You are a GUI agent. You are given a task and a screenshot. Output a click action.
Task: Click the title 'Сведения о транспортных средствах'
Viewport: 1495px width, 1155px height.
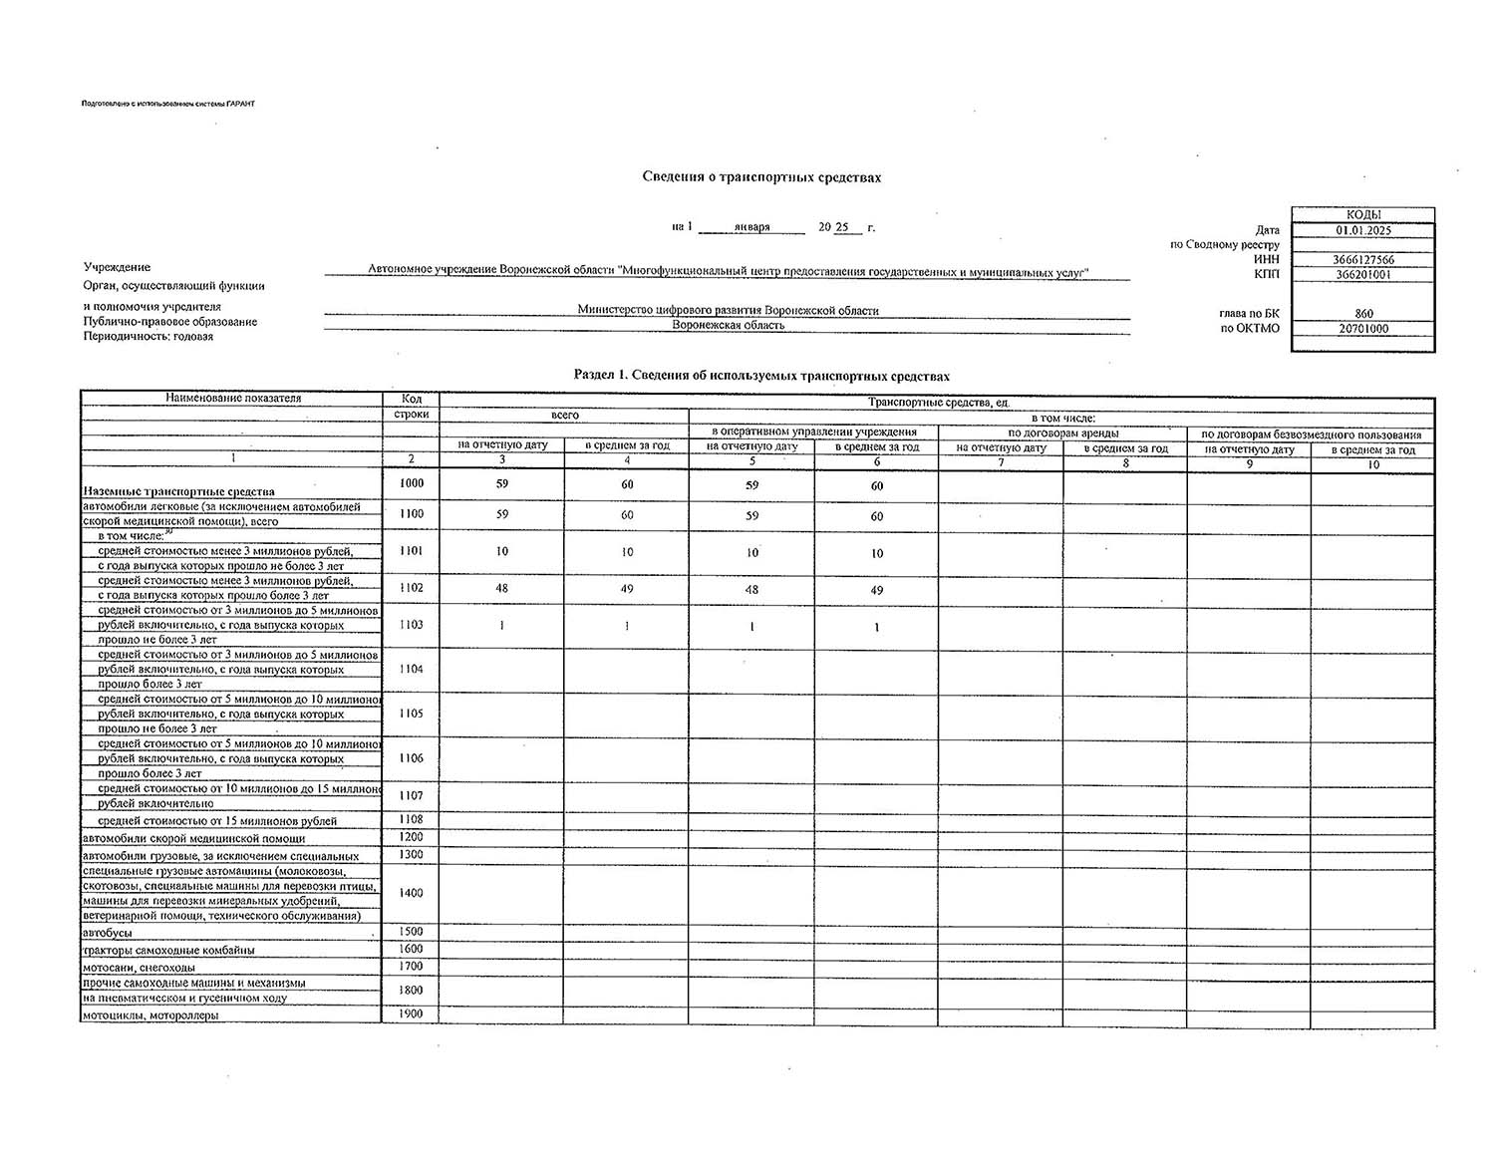tap(761, 177)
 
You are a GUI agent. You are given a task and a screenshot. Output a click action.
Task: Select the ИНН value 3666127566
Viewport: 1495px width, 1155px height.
tap(1363, 260)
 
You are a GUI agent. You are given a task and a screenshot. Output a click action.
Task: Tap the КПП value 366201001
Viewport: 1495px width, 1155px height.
tap(1363, 274)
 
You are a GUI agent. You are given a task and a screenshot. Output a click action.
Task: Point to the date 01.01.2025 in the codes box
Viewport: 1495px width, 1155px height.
tap(1363, 230)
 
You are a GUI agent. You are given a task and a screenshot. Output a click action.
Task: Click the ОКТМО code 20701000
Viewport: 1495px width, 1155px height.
tap(1363, 328)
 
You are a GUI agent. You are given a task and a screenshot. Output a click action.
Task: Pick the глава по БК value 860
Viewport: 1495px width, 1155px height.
tap(1363, 313)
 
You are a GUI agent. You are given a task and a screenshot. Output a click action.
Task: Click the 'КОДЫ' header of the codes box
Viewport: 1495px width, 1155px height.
tap(1363, 214)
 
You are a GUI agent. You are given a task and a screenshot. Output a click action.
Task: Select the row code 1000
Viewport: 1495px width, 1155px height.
tap(411, 483)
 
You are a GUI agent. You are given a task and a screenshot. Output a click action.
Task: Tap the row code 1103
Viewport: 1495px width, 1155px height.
tap(411, 625)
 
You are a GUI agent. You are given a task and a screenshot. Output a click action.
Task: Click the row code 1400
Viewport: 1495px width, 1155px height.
tap(411, 893)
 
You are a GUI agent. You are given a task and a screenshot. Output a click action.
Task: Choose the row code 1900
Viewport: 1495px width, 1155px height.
tap(411, 1013)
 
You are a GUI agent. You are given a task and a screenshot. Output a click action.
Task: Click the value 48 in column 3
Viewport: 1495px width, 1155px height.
tap(502, 588)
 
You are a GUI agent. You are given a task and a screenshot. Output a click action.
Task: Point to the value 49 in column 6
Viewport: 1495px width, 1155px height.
tap(877, 590)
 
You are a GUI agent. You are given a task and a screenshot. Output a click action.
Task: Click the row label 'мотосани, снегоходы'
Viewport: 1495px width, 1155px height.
tap(139, 967)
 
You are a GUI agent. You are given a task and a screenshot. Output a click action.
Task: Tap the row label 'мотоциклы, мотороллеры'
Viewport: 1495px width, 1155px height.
tap(150, 1015)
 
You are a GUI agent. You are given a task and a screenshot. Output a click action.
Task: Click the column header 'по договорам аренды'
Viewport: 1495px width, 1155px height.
tap(1062, 433)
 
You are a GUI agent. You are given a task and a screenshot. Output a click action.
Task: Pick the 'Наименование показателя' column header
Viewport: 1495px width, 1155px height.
tap(233, 399)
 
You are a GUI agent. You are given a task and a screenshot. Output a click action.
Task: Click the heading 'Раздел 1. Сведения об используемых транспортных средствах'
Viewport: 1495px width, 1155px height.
tap(761, 376)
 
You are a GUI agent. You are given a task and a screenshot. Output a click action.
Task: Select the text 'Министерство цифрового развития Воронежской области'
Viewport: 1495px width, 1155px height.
tap(728, 310)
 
